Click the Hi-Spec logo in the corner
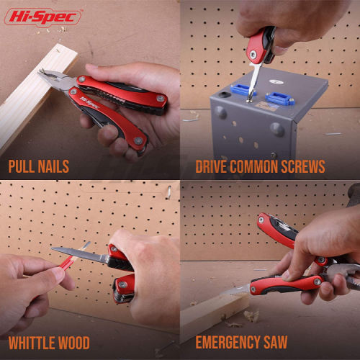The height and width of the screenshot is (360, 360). (42, 17)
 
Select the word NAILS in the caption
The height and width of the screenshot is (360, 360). (53, 166)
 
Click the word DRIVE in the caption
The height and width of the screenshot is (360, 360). (211, 166)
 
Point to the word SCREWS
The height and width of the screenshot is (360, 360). (303, 166)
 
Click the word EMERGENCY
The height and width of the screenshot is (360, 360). (228, 342)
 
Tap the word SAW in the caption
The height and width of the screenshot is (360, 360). (275, 342)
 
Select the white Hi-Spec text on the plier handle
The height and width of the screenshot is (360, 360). (89, 102)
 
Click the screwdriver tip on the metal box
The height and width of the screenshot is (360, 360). (250, 98)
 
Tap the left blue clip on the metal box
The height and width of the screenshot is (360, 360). (242, 90)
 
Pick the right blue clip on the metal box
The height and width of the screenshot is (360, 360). (279, 99)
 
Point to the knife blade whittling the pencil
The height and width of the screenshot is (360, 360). (79, 254)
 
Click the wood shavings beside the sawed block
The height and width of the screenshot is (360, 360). (251, 315)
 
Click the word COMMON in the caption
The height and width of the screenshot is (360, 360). (253, 166)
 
